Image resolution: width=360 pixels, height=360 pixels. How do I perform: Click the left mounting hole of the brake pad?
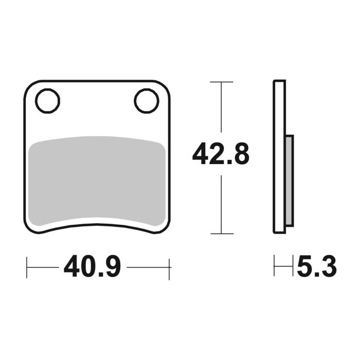click(48, 100)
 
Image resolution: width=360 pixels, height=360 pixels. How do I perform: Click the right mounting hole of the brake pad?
click(147, 100)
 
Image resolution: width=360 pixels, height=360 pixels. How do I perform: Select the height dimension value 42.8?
click(221, 154)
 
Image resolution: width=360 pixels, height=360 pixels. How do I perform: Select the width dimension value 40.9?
click(93, 267)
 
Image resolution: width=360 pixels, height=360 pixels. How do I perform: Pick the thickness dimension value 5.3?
click(316, 267)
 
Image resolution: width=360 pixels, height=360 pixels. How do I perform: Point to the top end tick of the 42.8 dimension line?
click(221, 82)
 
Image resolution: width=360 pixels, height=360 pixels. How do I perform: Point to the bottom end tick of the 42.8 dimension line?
click(221, 233)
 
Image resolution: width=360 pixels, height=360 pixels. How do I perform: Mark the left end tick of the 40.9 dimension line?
click(27, 267)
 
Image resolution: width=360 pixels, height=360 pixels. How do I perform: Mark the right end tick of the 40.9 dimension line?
click(169, 267)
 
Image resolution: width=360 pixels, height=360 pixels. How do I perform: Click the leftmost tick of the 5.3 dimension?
click(274, 267)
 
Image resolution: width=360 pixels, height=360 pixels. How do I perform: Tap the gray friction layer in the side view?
click(290, 180)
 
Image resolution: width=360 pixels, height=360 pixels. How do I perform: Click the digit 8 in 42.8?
click(241, 154)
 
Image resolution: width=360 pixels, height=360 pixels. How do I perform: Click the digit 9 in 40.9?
click(112, 267)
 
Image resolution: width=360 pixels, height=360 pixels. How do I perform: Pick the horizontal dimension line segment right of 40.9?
click(148, 267)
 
